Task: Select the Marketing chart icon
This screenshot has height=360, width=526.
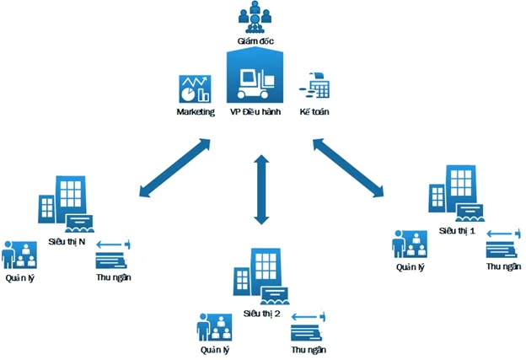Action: coord(193,89)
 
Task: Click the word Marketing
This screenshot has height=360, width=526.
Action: coord(194,112)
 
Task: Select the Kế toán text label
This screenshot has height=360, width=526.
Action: coord(318,112)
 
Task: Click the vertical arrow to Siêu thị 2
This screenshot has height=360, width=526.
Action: coord(260,189)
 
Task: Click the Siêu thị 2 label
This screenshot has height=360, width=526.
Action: coord(261,313)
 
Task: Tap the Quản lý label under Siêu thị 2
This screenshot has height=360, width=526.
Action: coord(215,349)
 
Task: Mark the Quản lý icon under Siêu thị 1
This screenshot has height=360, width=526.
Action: coord(409,244)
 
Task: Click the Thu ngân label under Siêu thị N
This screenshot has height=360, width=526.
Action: coord(114,276)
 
